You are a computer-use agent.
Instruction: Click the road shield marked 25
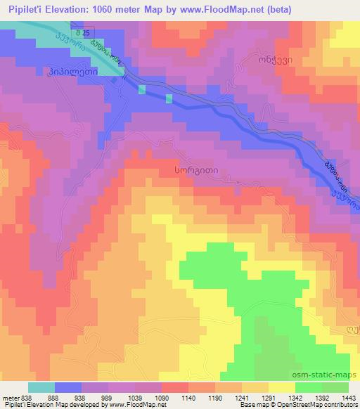point(84,33)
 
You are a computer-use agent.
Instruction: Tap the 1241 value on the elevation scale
point(241,398)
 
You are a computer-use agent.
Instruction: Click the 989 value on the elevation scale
point(109,398)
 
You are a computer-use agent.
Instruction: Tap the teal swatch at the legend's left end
point(41,387)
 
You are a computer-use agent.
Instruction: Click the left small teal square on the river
point(143,89)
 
